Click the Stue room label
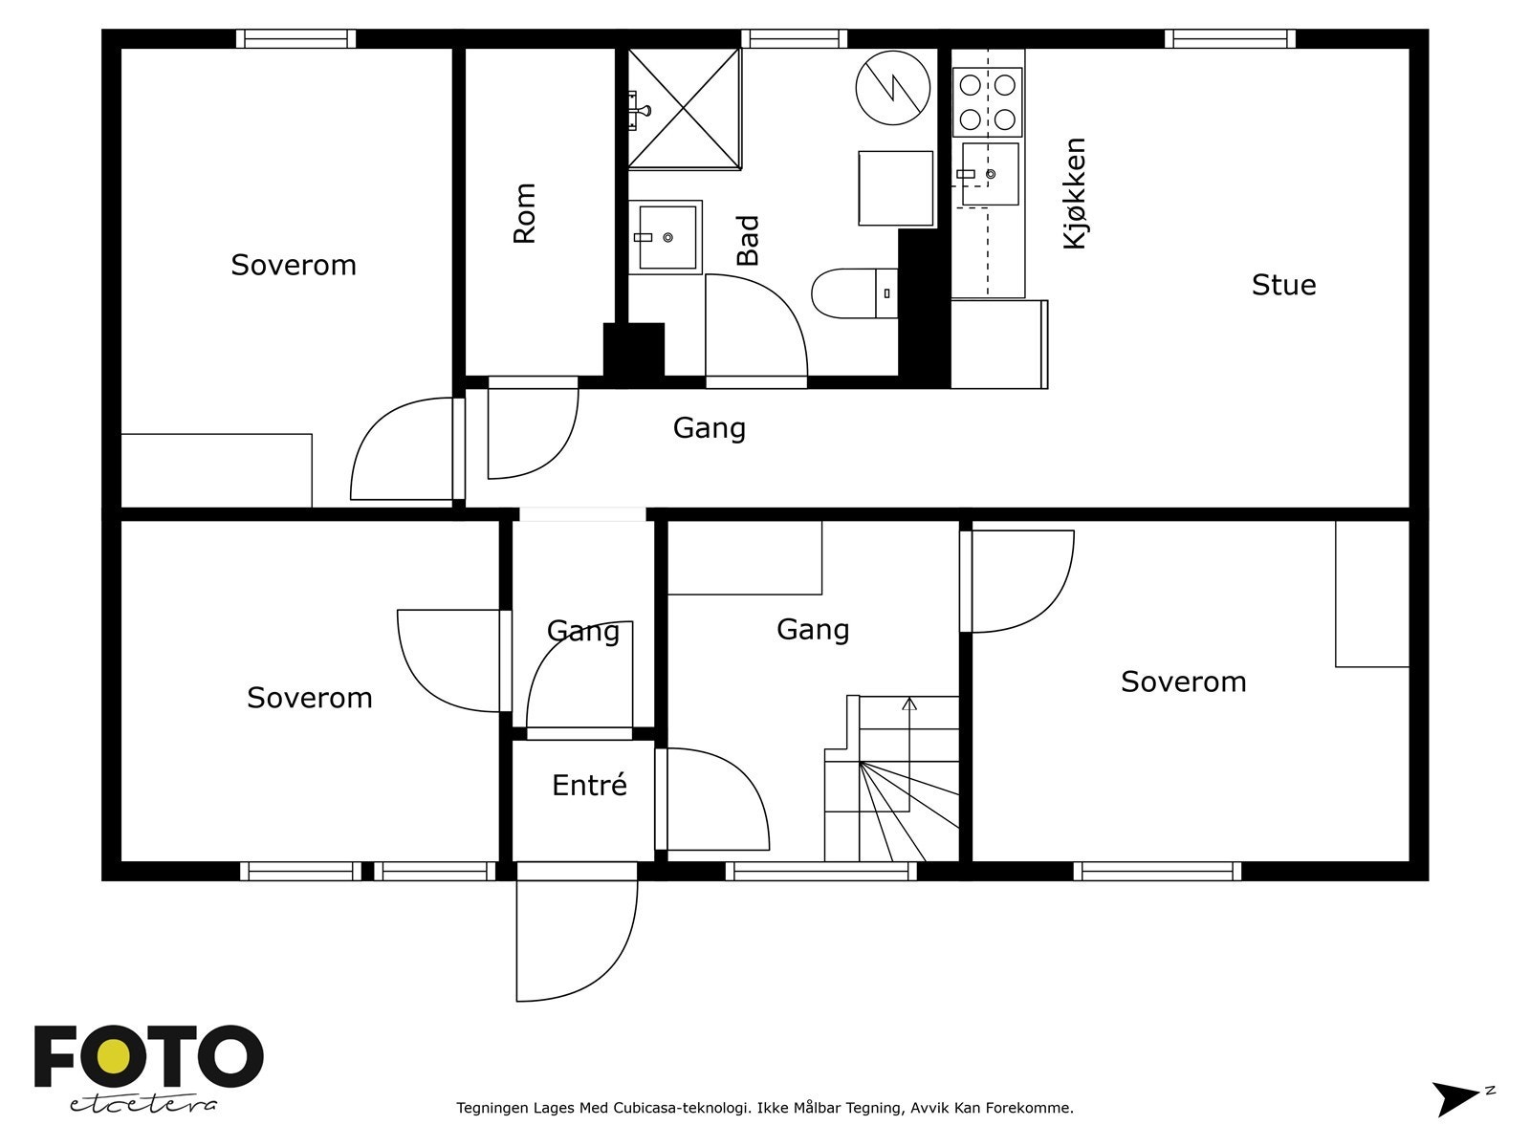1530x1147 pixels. point(1284,285)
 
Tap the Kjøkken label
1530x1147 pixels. point(1075,193)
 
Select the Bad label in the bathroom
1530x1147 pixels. point(747,240)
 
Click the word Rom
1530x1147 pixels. point(524,213)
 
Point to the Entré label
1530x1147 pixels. point(590,785)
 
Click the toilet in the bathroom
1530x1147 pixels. point(855,293)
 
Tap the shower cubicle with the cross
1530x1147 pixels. point(685,109)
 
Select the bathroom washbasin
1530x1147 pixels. point(666,237)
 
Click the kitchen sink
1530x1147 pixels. point(990,174)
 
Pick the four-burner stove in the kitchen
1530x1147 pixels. point(987,102)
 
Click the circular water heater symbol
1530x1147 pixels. point(893,88)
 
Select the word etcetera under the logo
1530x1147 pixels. point(142,1105)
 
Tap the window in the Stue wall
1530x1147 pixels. point(1231,38)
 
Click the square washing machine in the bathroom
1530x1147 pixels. point(896,188)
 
